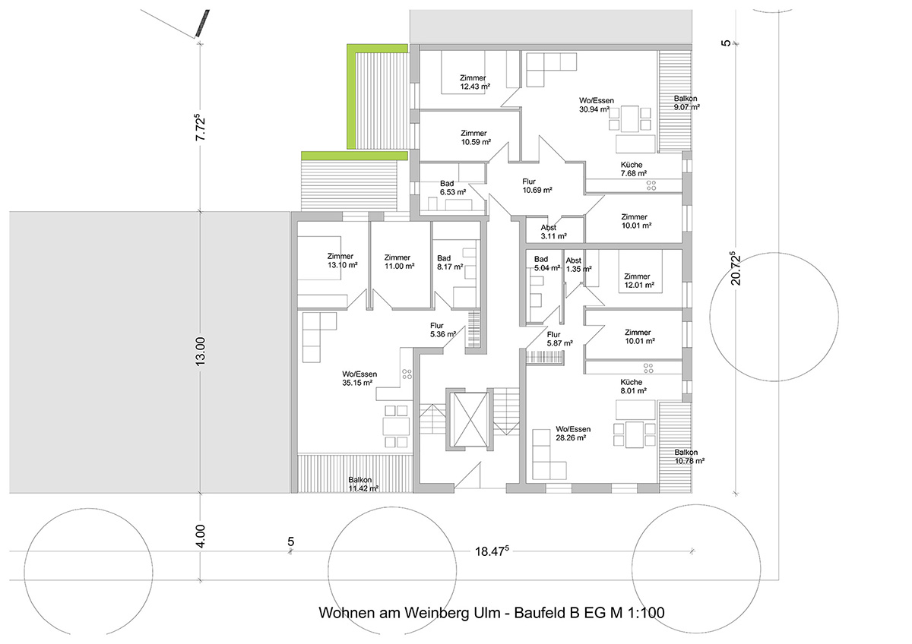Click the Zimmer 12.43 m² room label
click(x=475, y=82)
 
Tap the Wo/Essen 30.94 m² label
click(x=596, y=105)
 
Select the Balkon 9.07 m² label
click(x=686, y=103)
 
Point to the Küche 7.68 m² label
click(x=634, y=169)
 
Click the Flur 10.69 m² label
click(x=537, y=186)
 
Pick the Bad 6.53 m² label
click(x=453, y=188)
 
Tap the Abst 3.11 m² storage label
click(x=553, y=232)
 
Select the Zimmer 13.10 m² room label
click(x=343, y=260)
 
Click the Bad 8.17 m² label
click(x=450, y=263)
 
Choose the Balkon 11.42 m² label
click(x=363, y=484)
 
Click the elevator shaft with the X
click(x=470, y=419)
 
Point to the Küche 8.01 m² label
click(x=634, y=387)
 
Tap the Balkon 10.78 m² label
click(x=689, y=456)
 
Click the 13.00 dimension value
click(x=201, y=352)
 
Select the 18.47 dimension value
click(x=492, y=551)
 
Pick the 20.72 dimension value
click(x=736, y=268)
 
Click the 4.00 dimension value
click(x=201, y=536)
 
